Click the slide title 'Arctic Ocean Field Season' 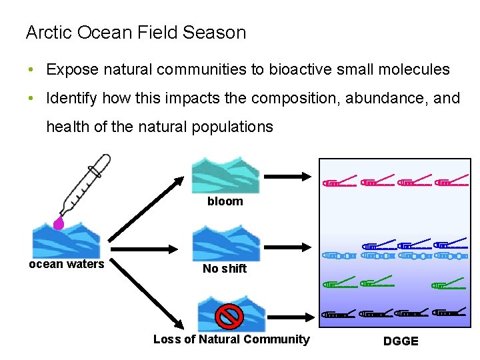point(135,33)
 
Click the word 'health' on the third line point(67,127)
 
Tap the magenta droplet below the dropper point(59,222)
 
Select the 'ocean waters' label point(66,264)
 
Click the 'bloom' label point(225,201)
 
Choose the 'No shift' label point(225,269)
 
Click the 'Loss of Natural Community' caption point(231,339)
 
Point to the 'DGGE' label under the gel point(401,341)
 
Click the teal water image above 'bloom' point(225,175)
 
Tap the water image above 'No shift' point(225,243)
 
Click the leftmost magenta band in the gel point(338,182)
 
